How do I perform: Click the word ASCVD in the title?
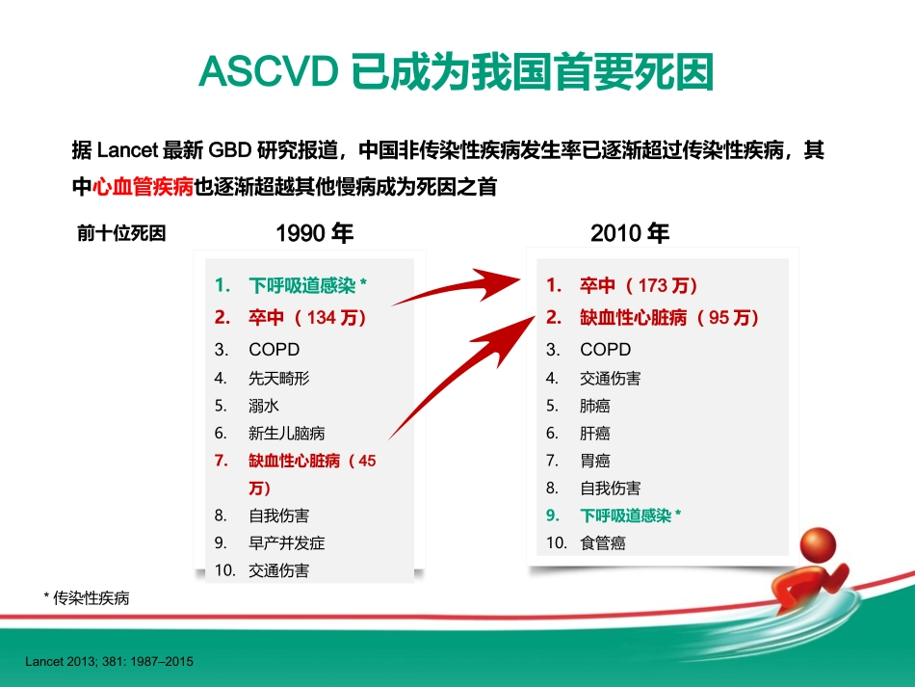coord(267,72)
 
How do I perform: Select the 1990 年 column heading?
coord(314,233)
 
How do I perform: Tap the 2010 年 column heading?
coord(630,233)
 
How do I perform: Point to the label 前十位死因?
coord(121,233)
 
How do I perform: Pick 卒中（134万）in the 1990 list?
coord(306,317)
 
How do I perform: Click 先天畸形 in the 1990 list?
coord(279,378)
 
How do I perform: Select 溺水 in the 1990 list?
coord(264,406)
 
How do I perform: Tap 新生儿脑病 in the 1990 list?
coord(287,434)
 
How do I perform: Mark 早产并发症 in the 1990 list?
coord(287,542)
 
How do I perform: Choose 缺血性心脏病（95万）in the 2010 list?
coord(669,317)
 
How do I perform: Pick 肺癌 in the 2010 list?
coord(595,406)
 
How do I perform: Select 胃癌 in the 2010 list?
coord(595,461)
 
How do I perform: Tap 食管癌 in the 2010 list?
coord(603,542)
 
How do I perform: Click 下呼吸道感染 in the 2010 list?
coord(630,515)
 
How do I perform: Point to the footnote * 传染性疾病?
coord(87,598)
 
